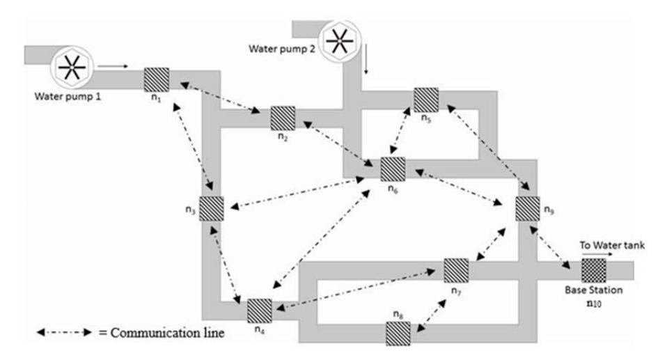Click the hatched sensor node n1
(157, 79)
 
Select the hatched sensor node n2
(283, 118)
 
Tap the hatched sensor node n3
(212, 208)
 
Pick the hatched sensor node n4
(260, 311)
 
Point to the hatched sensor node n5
(426, 100)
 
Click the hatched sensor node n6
(393, 169)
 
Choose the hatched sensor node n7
(456, 270)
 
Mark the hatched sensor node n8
(398, 333)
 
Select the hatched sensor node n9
(528, 208)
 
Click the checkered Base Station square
(594, 270)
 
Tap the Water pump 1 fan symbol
(72, 68)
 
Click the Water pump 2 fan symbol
(340, 41)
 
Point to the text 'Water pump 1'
(68, 96)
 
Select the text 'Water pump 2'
(282, 49)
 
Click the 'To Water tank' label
(612, 245)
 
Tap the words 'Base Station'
(593, 290)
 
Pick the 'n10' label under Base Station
(594, 304)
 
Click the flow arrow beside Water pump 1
(113, 66)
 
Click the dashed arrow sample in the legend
(64, 332)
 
